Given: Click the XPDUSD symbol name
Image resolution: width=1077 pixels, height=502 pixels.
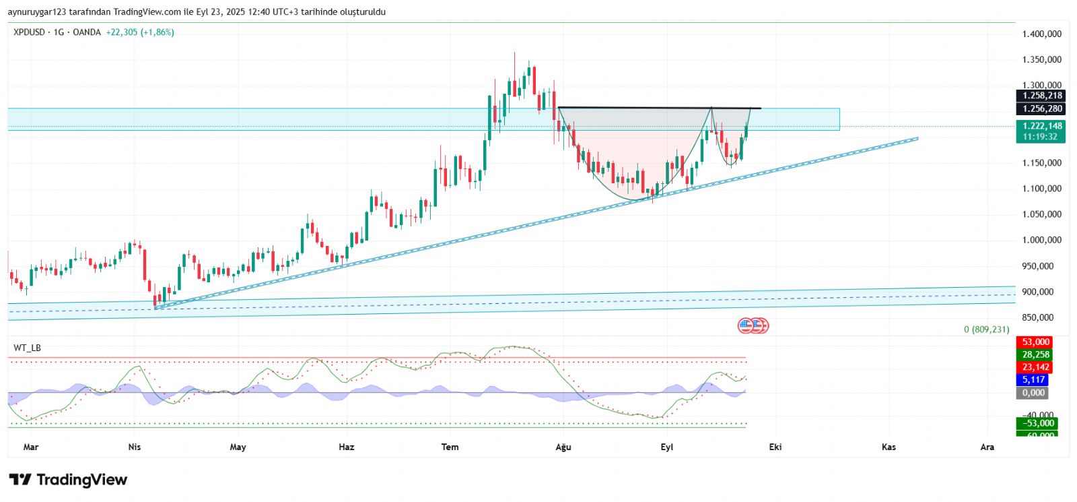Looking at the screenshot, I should click(x=29, y=32).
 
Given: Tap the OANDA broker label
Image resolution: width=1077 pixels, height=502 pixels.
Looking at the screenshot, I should click(x=87, y=32).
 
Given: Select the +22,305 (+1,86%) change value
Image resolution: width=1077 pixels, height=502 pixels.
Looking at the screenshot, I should click(x=140, y=32).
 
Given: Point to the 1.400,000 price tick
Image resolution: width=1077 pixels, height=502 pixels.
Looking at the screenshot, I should click(x=1041, y=34).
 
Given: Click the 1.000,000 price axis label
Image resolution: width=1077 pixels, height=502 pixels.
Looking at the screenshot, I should click(x=1041, y=241).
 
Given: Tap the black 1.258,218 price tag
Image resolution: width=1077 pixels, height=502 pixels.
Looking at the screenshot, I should click(x=1041, y=96).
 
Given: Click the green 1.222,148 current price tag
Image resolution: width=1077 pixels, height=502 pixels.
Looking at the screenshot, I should click(x=1041, y=126).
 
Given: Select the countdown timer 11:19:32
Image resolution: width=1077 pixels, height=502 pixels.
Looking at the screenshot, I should click(x=1040, y=137).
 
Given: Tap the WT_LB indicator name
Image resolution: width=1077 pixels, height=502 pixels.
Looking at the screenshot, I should click(x=27, y=348).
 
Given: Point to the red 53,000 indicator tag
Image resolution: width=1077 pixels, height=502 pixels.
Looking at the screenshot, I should click(x=1035, y=342).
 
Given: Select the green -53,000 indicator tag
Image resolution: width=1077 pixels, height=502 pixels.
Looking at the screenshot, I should click(x=1037, y=423).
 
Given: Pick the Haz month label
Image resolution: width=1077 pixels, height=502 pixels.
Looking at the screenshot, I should click(x=346, y=447).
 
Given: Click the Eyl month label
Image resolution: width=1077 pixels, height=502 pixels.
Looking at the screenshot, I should click(x=666, y=447).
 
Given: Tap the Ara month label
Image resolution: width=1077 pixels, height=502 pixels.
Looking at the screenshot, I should click(x=987, y=447).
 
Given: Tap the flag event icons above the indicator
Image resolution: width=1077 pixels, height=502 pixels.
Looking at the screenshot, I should click(x=753, y=326).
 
